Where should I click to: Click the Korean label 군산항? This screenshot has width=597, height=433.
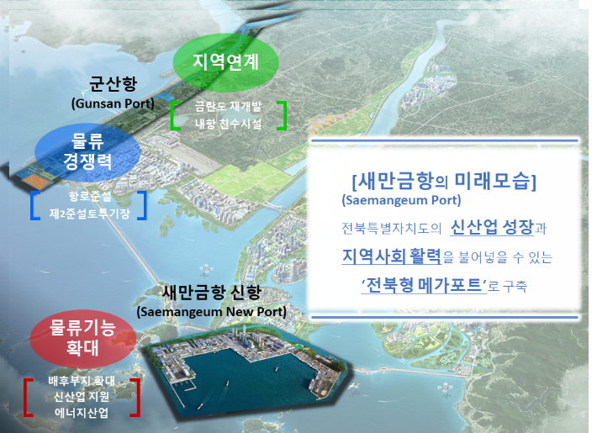pyautogui.click(x=113, y=85)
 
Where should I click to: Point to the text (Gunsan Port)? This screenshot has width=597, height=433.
pyautogui.click(x=113, y=103)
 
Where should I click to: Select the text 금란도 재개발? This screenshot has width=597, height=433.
pyautogui.click(x=228, y=108)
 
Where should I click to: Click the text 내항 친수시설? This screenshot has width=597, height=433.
pyautogui.click(x=228, y=123)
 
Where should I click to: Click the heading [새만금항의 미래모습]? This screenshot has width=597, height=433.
pyautogui.click(x=444, y=181)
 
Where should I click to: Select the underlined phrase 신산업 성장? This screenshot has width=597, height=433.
pyautogui.click(x=492, y=228)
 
